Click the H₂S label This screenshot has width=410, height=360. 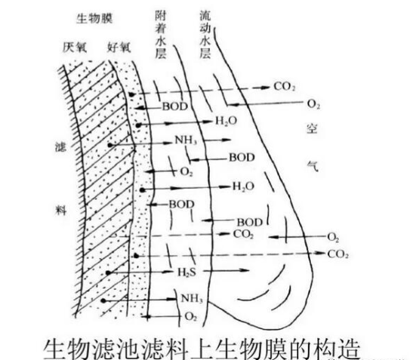(187, 272)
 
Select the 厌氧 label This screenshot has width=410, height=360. (75, 48)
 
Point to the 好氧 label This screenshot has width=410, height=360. (119, 48)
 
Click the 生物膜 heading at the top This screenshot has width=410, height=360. (94, 19)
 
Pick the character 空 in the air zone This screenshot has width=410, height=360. (312, 128)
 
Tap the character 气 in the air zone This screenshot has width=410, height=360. (313, 166)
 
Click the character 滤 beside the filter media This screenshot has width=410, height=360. (60, 147)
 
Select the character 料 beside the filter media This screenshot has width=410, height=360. (60, 211)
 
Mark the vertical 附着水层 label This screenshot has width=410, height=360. (161, 35)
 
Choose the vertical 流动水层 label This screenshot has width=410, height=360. (205, 35)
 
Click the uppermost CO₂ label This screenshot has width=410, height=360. (285, 87)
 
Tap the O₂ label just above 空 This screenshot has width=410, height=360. (313, 104)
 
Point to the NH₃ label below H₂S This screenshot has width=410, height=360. (192, 299)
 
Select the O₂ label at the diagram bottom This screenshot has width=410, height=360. (190, 316)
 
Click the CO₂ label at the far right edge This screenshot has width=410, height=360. (338, 254)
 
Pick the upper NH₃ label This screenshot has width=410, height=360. (186, 140)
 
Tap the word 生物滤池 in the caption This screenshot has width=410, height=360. (91, 349)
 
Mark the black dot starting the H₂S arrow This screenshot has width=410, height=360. (108, 273)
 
